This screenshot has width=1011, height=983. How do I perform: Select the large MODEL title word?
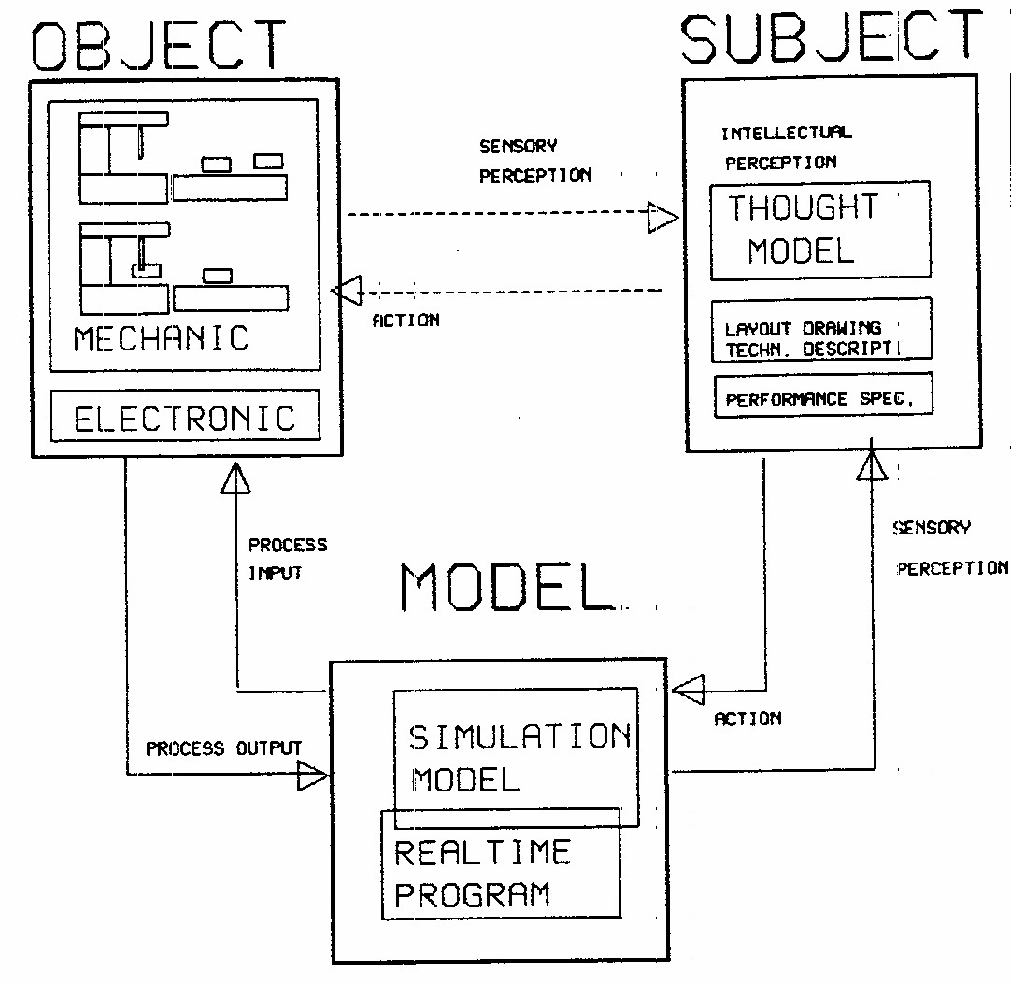[505, 588]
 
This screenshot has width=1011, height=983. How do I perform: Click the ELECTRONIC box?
[184, 417]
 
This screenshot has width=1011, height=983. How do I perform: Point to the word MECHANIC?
[162, 338]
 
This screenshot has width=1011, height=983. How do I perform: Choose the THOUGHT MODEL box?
[820, 230]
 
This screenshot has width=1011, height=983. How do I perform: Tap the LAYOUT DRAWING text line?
[803, 329]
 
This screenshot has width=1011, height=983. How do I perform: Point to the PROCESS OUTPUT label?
[223, 748]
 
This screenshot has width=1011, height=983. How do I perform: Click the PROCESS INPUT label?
[287, 558]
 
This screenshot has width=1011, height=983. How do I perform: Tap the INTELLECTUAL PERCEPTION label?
[786, 148]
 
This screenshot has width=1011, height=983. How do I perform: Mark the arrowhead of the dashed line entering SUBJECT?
[663, 217]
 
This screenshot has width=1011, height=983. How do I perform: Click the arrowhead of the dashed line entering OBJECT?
[346, 291]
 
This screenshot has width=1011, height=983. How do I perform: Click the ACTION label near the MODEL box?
[748, 719]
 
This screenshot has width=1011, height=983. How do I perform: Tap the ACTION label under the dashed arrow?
[406, 321]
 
